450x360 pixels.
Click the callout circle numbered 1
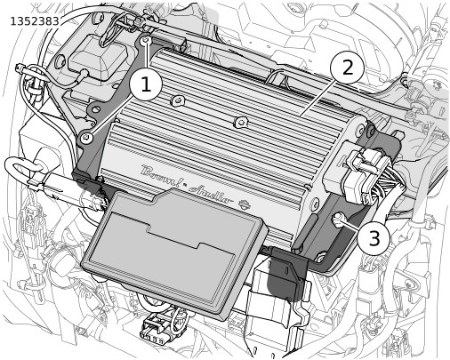(x=146, y=84)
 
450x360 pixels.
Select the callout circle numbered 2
(x=348, y=68)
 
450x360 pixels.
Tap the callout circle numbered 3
(x=374, y=237)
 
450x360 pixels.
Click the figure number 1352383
(x=35, y=21)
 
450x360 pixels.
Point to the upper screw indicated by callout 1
(x=146, y=41)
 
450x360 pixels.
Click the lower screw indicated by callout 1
(x=86, y=137)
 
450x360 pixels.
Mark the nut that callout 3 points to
(x=337, y=220)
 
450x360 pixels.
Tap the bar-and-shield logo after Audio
(x=244, y=204)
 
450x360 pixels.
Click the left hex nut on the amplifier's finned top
(x=177, y=100)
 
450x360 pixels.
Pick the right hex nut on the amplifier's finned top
(x=241, y=122)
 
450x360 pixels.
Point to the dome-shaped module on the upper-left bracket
(x=98, y=58)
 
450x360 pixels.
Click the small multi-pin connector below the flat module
(x=155, y=330)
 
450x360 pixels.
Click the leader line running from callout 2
(x=318, y=97)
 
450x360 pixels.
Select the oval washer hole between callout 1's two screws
(x=95, y=110)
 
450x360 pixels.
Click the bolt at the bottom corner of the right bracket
(x=320, y=257)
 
